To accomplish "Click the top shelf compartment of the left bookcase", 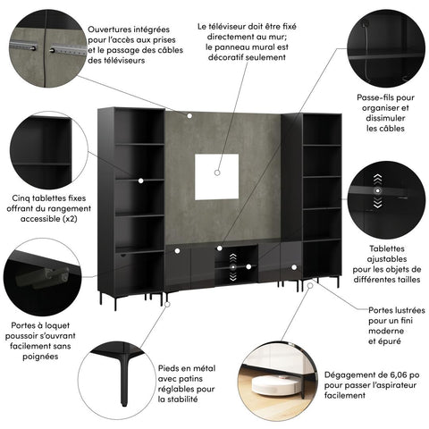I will click(x=139, y=125).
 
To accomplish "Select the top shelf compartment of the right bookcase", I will click(x=320, y=130).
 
